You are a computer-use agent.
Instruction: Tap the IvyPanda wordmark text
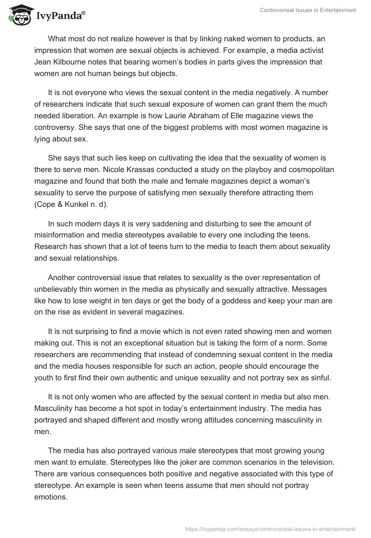(60, 16)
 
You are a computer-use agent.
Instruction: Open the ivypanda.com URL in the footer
(270, 528)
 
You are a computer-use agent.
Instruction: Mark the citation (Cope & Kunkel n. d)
(74, 203)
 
